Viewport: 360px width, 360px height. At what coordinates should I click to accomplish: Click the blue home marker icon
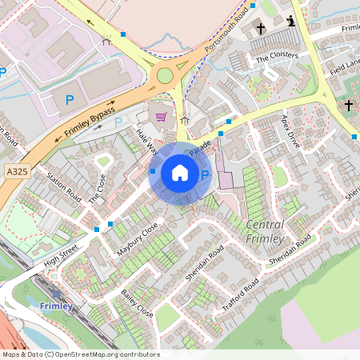[180, 172]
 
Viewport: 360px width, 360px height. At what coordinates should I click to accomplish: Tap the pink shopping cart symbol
[161, 117]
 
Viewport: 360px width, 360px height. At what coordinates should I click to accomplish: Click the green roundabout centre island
[165, 75]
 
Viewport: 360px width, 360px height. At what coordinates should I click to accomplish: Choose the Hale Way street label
[146, 142]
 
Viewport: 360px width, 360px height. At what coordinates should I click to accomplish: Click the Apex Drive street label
[290, 130]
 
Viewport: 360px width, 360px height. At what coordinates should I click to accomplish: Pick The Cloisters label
[277, 57]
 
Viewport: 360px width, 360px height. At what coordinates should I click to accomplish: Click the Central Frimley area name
[266, 231]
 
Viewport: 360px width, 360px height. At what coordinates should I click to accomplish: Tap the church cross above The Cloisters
[261, 29]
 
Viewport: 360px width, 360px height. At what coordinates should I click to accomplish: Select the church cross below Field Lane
[348, 105]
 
